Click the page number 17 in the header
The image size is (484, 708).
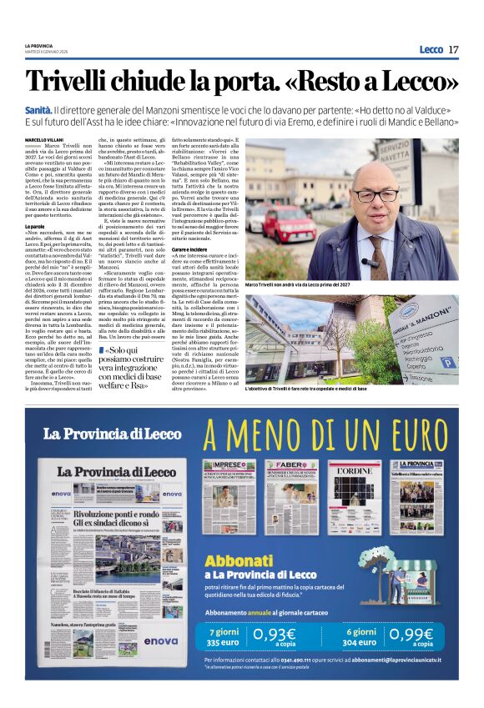pyautogui.click(x=453, y=49)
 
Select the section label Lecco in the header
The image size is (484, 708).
pyautogui.click(x=431, y=49)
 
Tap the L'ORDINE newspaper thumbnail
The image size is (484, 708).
pyautogui.click(x=354, y=497)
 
